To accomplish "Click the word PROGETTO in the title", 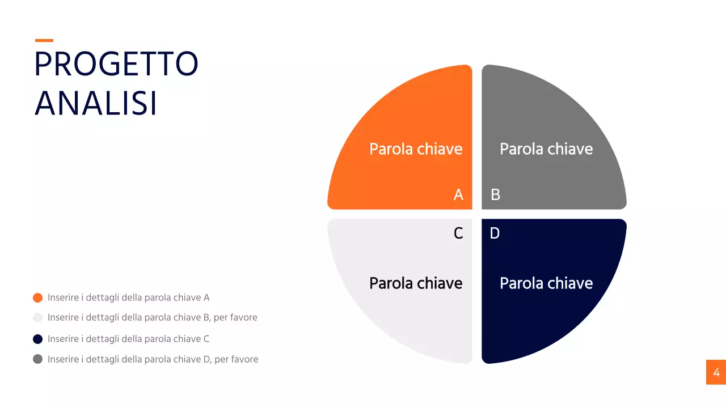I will coord(116,65).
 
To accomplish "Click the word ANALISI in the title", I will coord(96,104).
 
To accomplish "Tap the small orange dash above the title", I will coord(44,40).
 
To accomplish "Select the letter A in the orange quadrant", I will coord(458,195).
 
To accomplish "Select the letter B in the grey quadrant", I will coord(495,195).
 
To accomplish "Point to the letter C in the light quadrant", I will coord(458,233).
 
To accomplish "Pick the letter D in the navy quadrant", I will coord(495,233).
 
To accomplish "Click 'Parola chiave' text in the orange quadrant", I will coord(416,149).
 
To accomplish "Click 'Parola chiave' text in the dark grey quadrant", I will coord(546,149).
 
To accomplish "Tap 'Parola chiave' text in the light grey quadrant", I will coord(416,283).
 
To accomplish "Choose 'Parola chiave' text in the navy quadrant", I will coord(546,283).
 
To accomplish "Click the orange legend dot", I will coord(38,297).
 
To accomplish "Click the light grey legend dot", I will coord(38,318).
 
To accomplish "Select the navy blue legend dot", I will coord(38,339).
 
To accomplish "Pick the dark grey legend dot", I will coord(38,359).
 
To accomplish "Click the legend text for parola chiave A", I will coord(129,297).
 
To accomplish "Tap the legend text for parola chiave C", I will coord(129,339).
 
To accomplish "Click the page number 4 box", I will coord(716,372).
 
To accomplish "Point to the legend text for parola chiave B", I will coord(153,318).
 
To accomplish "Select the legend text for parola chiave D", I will coord(153,359).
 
